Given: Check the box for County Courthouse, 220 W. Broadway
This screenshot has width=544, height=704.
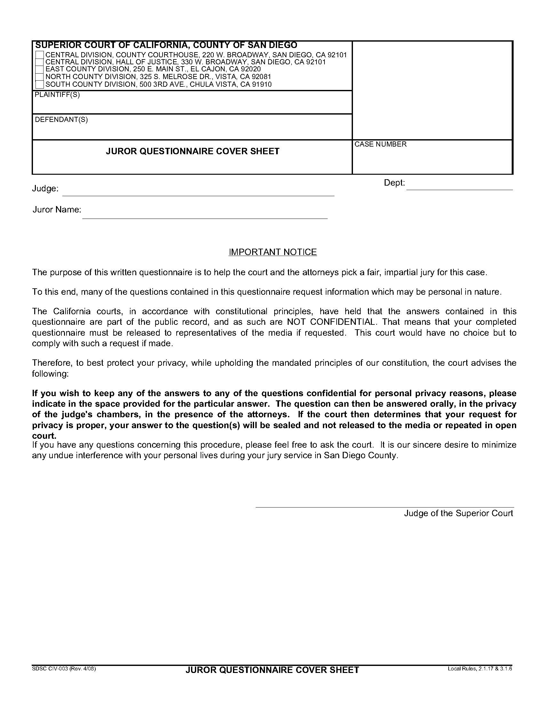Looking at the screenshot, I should [x=40, y=55].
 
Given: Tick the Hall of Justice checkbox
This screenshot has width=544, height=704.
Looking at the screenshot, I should [x=40, y=62].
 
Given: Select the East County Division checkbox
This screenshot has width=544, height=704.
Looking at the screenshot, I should [x=40, y=69].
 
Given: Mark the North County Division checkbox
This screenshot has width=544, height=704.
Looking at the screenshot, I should [x=40, y=77].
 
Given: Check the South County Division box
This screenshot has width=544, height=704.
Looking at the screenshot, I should [x=40, y=85].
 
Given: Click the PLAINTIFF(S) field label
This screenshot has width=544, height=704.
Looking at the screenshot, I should [x=57, y=95].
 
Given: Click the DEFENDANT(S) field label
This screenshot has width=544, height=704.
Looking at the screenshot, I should [x=61, y=120].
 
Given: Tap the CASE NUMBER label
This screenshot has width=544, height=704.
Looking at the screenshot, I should [x=380, y=144].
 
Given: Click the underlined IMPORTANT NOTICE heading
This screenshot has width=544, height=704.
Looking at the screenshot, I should [x=273, y=252].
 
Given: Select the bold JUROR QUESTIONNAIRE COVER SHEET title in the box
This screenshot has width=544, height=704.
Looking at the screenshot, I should [x=192, y=151].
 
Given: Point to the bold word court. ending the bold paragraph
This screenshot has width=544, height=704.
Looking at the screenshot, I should [x=44, y=436].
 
